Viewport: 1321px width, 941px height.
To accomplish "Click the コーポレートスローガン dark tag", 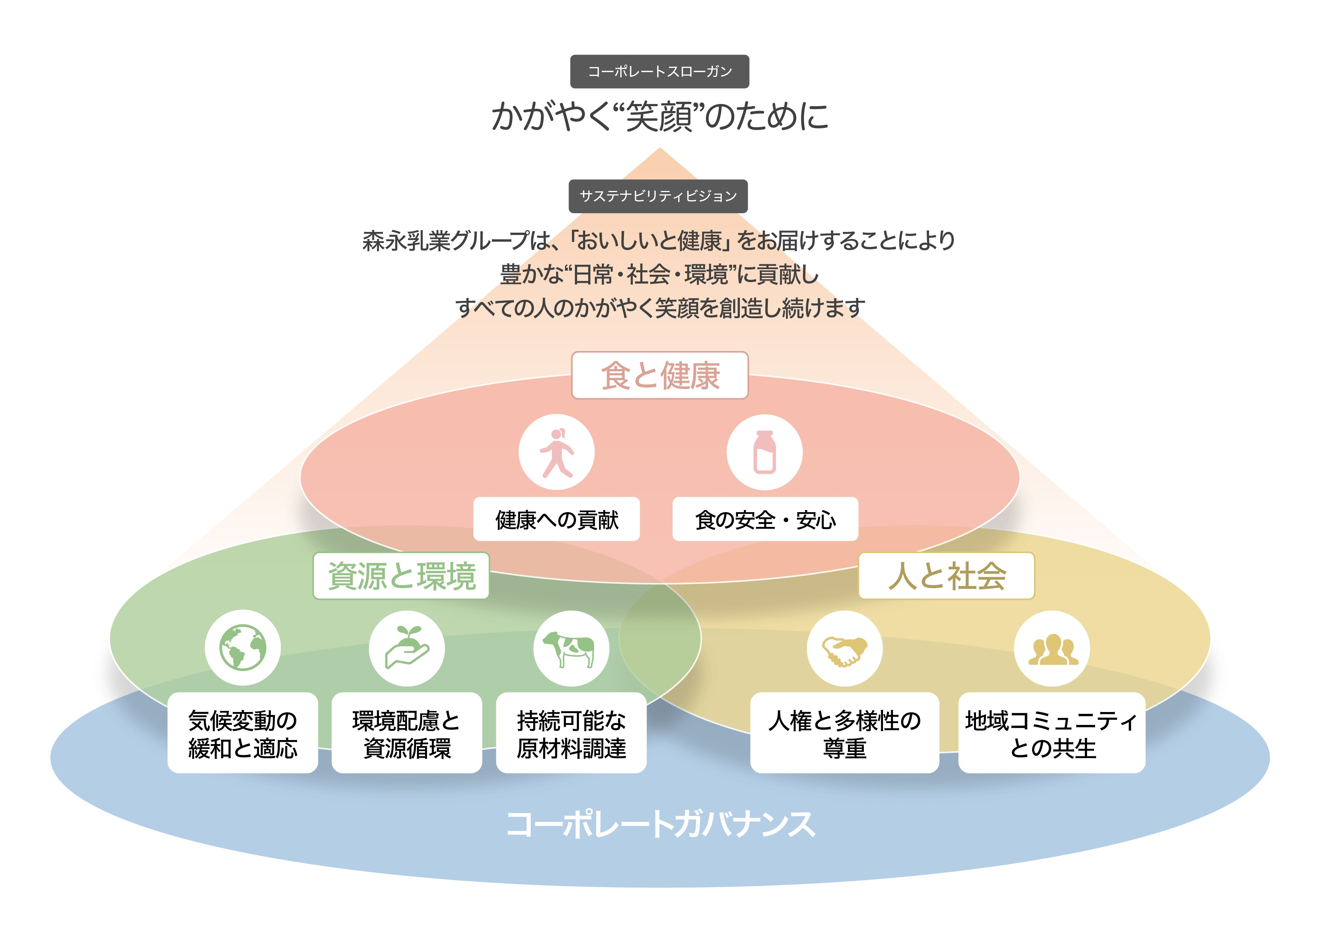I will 659,71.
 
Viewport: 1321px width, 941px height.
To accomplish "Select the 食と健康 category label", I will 660,375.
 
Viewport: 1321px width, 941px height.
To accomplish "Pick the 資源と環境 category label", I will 401,576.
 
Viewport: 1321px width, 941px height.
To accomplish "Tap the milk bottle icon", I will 764,452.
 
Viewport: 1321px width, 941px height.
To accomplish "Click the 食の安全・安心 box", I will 765,519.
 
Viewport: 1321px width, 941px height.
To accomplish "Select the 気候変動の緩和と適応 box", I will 243,733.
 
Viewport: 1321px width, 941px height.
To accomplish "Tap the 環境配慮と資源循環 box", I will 407,733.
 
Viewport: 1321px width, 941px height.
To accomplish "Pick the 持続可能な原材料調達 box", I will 571,733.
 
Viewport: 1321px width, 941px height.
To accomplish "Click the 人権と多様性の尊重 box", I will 844,733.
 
